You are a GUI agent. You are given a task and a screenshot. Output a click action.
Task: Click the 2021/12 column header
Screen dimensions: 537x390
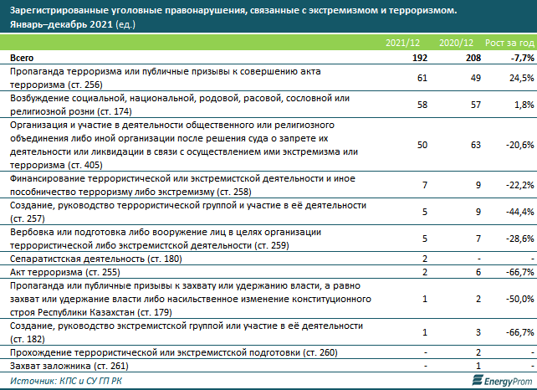click(402, 43)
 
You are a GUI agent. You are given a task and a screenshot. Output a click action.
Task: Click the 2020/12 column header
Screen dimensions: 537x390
click(456, 43)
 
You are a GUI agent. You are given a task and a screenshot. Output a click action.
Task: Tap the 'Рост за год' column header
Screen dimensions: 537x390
click(509, 43)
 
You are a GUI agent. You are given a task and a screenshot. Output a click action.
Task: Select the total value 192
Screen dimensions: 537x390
click(420, 58)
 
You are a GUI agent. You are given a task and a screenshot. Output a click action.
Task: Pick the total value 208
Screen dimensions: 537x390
click(473, 58)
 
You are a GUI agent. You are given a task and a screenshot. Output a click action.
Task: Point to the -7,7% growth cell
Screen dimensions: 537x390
click(522, 58)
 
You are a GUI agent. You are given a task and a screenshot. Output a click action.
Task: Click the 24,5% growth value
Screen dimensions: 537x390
click(522, 78)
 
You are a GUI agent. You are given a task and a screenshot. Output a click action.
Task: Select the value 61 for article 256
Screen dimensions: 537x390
click(422, 78)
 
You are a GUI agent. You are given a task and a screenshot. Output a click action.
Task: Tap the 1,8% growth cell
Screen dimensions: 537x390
click(524, 105)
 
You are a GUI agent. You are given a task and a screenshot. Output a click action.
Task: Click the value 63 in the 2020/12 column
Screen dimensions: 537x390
click(476, 145)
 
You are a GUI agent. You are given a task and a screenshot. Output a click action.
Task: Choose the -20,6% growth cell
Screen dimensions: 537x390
click(520, 145)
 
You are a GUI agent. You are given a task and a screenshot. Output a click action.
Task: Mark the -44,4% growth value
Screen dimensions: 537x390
click(520, 212)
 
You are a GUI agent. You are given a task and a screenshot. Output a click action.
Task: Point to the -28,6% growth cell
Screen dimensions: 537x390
click(520, 239)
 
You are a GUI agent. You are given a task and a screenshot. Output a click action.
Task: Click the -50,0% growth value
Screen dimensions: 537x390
click(520, 299)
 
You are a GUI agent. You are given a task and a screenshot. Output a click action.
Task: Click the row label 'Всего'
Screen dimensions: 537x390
click(22, 58)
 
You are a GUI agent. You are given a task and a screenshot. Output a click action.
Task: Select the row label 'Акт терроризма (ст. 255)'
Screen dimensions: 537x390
click(65, 273)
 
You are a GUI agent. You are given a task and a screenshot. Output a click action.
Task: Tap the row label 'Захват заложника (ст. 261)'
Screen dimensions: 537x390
click(69, 366)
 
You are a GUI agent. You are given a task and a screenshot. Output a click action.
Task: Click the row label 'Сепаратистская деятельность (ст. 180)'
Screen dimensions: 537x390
click(96, 259)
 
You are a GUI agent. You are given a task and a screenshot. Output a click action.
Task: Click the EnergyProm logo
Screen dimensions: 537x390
click(502, 381)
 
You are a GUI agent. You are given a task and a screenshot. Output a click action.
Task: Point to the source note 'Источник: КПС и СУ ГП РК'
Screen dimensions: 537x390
click(66, 381)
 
